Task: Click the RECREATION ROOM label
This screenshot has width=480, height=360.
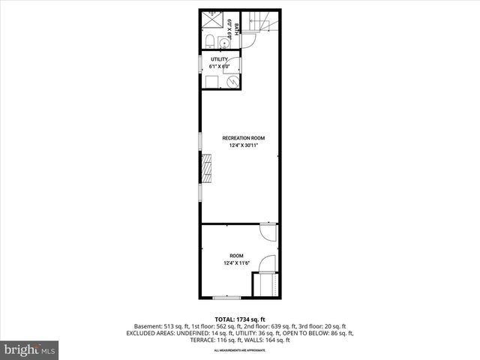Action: point(244,138)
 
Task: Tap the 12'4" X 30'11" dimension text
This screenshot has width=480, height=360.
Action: point(244,145)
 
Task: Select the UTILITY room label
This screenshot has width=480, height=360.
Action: point(219,58)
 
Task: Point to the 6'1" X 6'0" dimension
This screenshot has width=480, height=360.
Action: point(219,66)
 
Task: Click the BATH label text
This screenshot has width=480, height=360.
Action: point(237,29)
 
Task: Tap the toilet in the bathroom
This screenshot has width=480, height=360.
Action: point(212,41)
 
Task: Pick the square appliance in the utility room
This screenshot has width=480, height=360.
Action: point(212,82)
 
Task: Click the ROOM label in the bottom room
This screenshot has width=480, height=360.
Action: point(236,255)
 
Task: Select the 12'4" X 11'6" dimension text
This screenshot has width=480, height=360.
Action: point(236,262)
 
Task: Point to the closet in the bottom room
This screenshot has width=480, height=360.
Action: point(265,285)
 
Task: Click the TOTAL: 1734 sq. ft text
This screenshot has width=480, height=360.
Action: point(240,319)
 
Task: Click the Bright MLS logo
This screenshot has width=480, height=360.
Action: point(31,349)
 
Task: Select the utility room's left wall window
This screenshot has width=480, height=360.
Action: point(200,64)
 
